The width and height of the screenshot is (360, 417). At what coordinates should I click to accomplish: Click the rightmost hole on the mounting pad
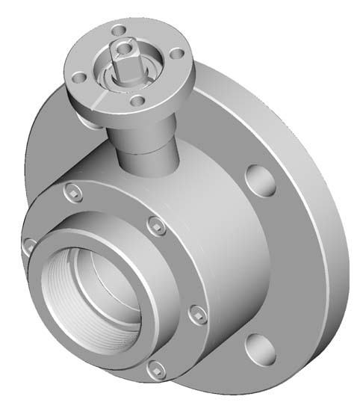176,54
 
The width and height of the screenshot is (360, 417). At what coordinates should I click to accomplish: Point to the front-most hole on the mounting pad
137,101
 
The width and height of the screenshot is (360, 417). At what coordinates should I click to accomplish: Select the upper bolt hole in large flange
258,179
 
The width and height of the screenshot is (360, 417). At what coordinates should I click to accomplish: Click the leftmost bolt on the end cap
29,244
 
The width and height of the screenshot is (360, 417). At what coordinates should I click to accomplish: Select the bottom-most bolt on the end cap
155,368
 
